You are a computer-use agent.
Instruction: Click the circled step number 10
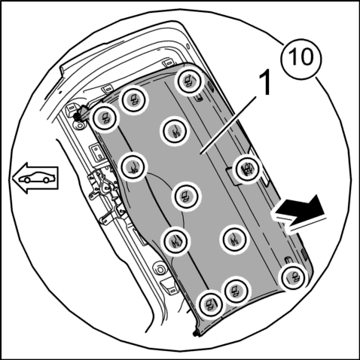(x=301, y=59)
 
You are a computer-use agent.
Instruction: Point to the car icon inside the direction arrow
(x=37, y=177)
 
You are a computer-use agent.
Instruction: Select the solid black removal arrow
(x=299, y=210)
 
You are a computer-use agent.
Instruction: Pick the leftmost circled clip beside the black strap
(x=105, y=117)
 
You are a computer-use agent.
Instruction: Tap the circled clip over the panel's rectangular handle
(x=248, y=169)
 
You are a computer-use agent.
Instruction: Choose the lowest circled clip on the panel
(x=210, y=304)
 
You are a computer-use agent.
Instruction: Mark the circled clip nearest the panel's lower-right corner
(x=293, y=277)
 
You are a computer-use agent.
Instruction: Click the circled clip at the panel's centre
(x=186, y=196)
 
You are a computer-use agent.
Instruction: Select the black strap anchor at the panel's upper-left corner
(x=81, y=113)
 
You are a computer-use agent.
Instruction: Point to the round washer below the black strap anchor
(x=80, y=125)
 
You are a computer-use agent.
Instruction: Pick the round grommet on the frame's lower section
(x=160, y=269)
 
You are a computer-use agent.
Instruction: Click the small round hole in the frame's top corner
(x=188, y=46)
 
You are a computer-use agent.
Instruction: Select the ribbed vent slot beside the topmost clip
(x=210, y=87)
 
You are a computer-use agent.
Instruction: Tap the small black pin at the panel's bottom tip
(x=196, y=334)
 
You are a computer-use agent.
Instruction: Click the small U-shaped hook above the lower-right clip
(x=287, y=259)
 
